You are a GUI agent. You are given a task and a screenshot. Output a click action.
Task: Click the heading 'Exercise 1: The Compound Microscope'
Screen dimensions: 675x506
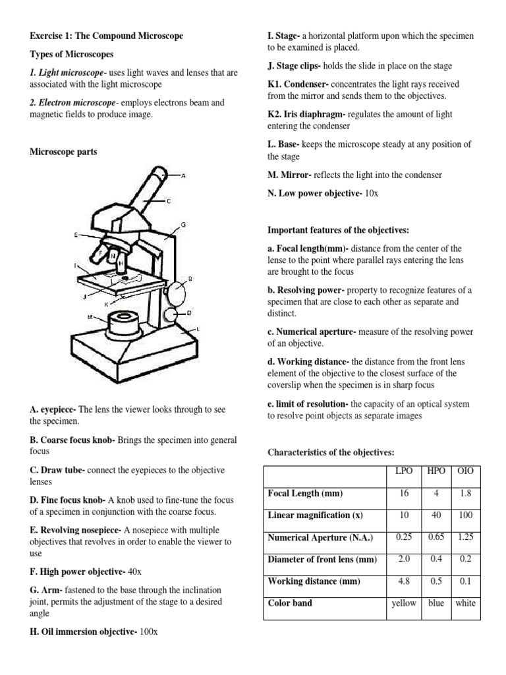107,36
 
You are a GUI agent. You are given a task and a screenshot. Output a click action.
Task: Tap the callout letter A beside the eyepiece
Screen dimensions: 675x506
183,176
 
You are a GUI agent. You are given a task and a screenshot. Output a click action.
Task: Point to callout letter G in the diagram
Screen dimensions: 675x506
183,225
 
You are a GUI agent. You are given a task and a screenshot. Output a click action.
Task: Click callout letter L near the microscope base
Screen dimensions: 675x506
198,328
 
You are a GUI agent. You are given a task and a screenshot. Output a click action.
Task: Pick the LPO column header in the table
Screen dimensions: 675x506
403,471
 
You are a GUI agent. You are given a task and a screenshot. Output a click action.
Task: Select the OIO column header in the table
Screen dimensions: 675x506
465,471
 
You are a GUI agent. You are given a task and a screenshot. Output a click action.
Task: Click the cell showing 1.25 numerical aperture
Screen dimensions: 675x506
465,537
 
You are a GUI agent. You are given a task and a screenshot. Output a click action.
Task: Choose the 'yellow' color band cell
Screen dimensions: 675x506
403,603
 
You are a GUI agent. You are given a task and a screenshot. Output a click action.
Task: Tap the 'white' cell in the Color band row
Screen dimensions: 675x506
465,603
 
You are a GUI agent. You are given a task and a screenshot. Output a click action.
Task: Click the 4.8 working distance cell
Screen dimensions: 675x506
403,581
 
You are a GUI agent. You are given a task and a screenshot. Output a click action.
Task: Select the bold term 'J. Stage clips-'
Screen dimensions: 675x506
295,66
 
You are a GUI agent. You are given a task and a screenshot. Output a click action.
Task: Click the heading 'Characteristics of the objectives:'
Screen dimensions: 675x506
330,452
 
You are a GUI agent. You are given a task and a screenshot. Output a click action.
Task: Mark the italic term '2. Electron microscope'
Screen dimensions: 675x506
72,103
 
